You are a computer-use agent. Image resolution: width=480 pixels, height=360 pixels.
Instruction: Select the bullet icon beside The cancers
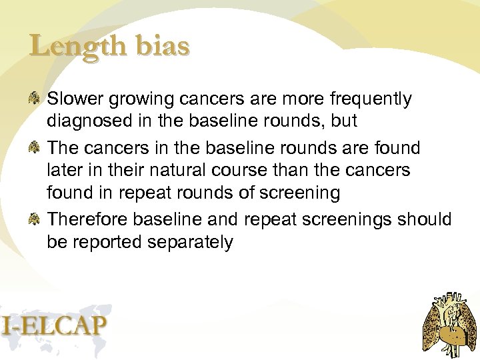tap(35, 147)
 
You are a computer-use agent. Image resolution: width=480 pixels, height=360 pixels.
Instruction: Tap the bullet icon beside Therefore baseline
tap(35, 218)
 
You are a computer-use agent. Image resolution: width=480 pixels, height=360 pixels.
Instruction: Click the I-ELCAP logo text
tap(53, 325)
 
